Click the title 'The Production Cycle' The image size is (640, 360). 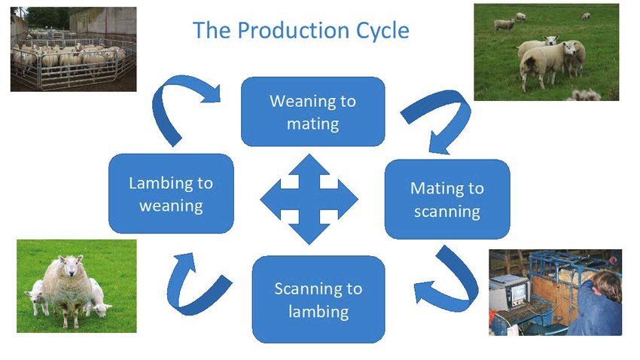click(x=301, y=30)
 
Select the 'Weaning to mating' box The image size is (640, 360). click(x=313, y=111)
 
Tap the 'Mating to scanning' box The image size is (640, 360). click(x=447, y=199)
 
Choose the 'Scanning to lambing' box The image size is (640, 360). click(x=318, y=300)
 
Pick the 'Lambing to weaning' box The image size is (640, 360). click(x=171, y=194)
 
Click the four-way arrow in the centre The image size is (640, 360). click(x=309, y=199)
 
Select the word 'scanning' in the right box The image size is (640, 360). click(x=447, y=212)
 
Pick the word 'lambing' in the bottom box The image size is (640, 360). click(x=318, y=313)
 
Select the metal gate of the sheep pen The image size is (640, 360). click(x=74, y=69)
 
